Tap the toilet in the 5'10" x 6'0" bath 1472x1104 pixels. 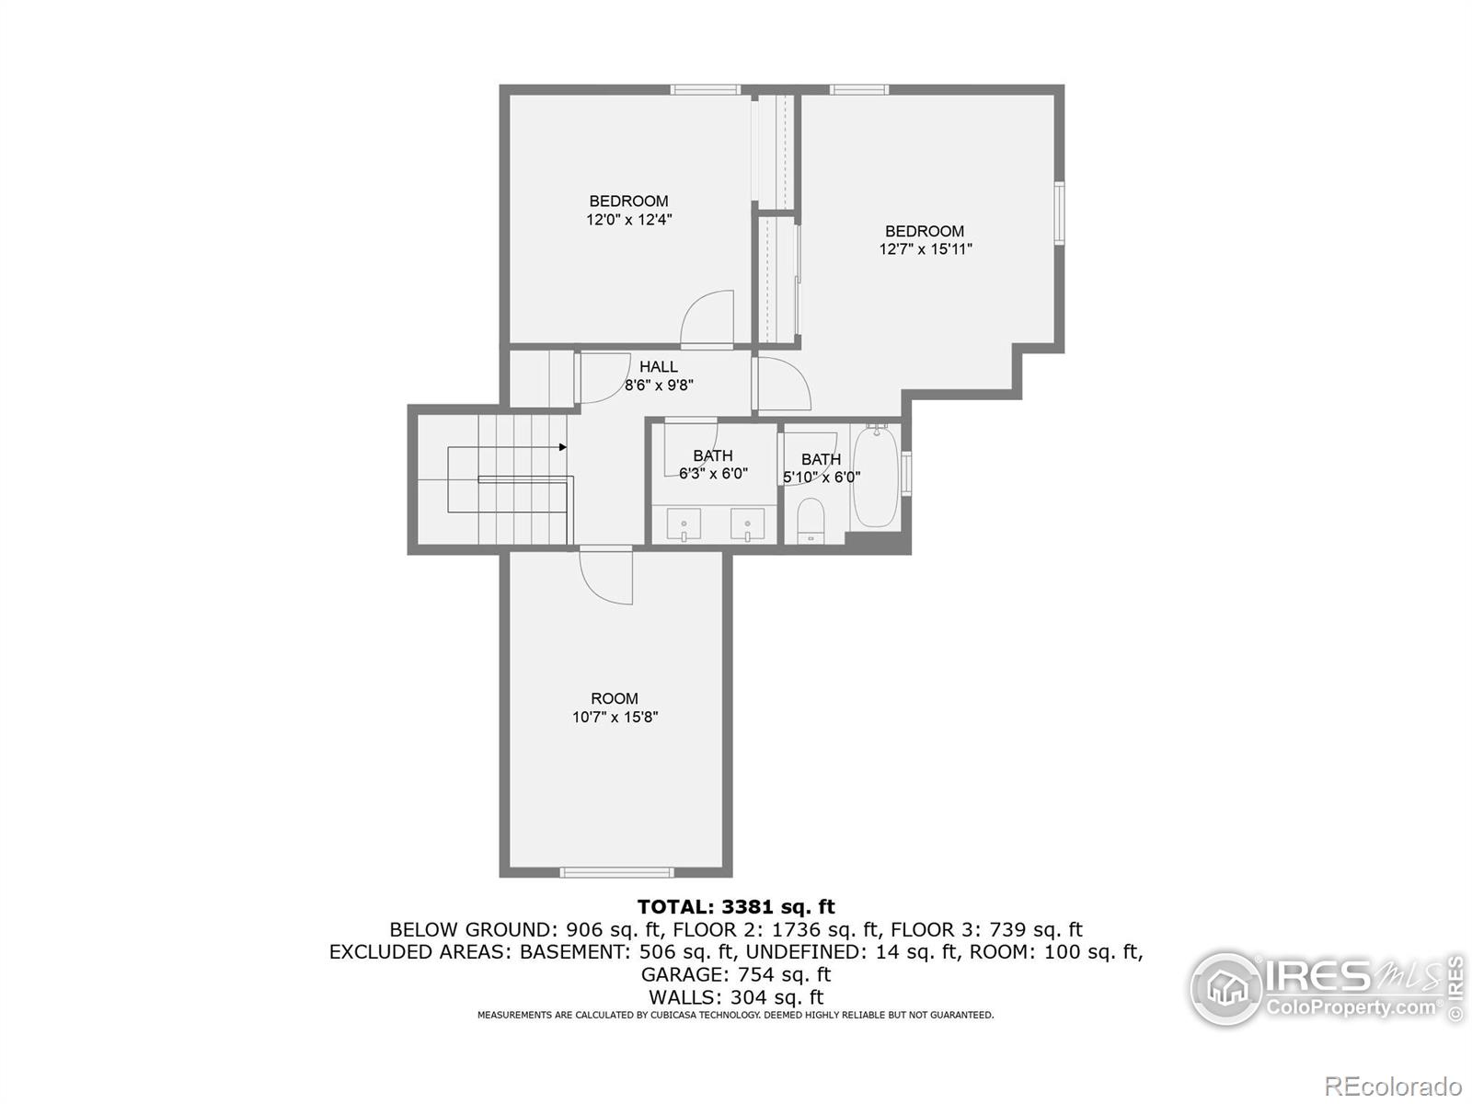click(x=811, y=521)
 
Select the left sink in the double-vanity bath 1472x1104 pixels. click(x=684, y=524)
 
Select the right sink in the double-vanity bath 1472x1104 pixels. click(x=747, y=524)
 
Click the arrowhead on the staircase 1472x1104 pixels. click(x=562, y=447)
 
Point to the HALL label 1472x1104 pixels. click(x=659, y=367)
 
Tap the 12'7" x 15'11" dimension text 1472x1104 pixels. click(x=926, y=249)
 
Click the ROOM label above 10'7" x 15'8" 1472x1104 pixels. click(x=615, y=698)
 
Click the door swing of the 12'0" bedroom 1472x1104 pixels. click(x=707, y=318)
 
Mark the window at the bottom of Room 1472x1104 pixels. click(x=616, y=871)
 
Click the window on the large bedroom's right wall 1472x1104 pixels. click(x=1060, y=213)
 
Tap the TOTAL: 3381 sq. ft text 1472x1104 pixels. click(x=736, y=907)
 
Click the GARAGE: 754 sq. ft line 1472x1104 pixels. click(x=736, y=974)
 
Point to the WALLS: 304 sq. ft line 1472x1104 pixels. click(x=736, y=997)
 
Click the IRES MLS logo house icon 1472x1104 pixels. click(x=1227, y=989)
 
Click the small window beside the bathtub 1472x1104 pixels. click(x=907, y=474)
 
